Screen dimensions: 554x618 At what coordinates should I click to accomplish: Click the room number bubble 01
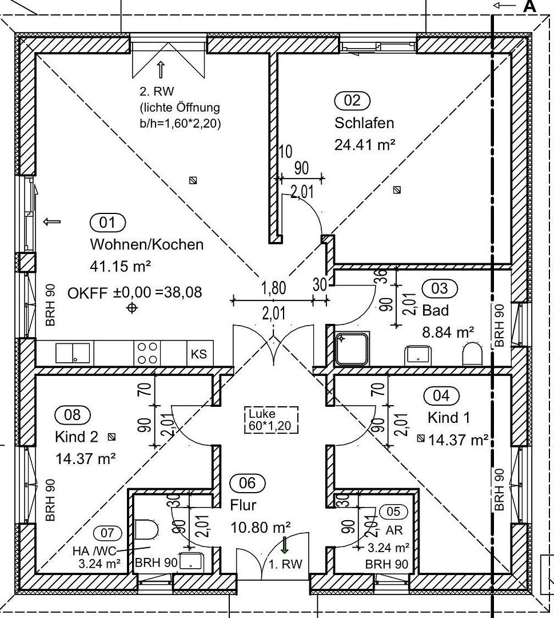coord(107,223)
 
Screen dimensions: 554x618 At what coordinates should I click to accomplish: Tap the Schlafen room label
coord(364,123)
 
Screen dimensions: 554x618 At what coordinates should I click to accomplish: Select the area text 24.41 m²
coord(365,145)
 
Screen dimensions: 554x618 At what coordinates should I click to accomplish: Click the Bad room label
coord(436,310)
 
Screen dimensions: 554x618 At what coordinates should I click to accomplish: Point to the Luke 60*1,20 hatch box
coord(271,420)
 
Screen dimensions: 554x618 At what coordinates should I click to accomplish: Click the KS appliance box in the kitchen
coord(199,354)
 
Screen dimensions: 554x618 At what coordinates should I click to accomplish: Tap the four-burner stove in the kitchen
coord(148,353)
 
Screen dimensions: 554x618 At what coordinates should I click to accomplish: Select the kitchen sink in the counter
coord(73,353)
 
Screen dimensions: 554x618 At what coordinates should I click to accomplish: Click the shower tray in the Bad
coord(352,349)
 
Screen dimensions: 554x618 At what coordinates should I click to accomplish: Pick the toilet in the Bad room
coord(472,354)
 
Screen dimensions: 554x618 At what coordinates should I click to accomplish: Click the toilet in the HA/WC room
coord(146,529)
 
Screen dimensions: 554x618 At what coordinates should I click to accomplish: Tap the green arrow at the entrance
coord(284,545)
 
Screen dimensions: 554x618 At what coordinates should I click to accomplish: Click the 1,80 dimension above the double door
coord(274,288)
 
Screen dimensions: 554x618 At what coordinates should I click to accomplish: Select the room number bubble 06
coord(248,483)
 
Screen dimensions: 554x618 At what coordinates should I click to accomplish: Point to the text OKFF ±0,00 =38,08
coord(135,293)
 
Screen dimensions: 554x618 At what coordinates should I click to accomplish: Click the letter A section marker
coord(529,6)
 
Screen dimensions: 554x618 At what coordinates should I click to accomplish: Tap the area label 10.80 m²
coord(261,527)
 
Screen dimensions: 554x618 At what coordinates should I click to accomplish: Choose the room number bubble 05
coord(393,512)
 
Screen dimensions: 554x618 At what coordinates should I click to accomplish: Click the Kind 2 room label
coord(77,437)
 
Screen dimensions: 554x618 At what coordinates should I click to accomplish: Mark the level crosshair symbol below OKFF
coord(132,308)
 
